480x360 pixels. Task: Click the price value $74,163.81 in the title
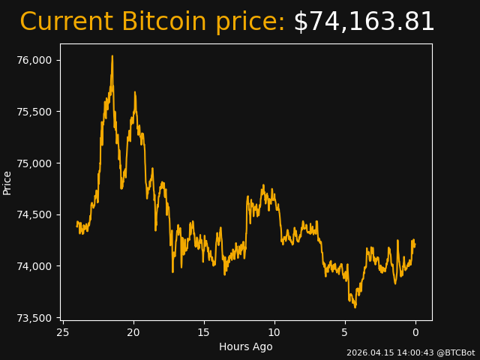click(x=364, y=22)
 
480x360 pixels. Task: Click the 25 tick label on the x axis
click(x=63, y=332)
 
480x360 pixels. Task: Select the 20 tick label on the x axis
click(x=133, y=332)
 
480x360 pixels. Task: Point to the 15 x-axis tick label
click(x=204, y=332)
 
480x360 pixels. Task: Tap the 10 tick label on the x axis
click(x=274, y=332)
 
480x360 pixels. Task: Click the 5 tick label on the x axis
click(x=345, y=332)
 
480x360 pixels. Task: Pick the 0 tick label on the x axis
click(x=415, y=332)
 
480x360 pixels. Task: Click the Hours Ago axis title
click(x=246, y=346)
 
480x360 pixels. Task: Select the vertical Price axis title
click(x=7, y=182)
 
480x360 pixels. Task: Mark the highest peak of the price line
click(x=112, y=56)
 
